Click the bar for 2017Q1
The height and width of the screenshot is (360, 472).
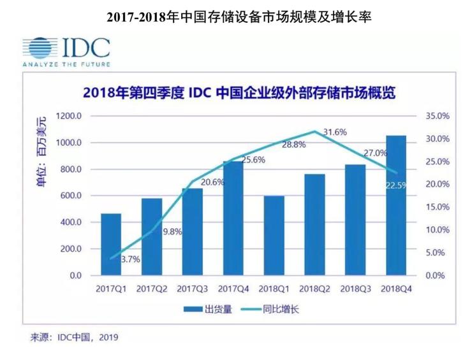[x=111, y=245]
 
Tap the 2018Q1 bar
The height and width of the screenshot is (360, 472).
[x=274, y=236]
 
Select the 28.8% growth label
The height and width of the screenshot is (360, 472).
[x=293, y=145]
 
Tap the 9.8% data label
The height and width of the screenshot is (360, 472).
[x=170, y=231]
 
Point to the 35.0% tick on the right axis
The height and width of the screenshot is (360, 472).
[x=436, y=116]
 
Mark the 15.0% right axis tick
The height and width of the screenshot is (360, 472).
[x=436, y=207]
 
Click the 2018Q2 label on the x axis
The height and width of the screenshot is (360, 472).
[x=314, y=289]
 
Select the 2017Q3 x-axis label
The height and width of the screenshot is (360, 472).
[x=193, y=289]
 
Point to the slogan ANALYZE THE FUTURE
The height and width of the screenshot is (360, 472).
[x=66, y=64]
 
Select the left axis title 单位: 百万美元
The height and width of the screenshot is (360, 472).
[x=41, y=152]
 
